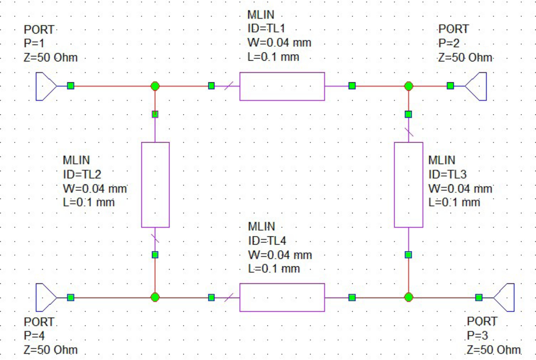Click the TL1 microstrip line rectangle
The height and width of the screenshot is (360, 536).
tap(282, 86)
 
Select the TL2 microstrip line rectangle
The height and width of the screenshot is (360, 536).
tap(155, 185)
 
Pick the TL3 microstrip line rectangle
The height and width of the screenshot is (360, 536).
tap(408, 185)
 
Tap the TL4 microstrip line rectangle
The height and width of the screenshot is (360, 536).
tap(282, 297)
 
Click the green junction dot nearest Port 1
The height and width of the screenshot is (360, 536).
tap(155, 86)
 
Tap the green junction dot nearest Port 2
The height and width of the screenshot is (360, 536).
tap(408, 86)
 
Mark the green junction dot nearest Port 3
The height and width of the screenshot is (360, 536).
tap(408, 297)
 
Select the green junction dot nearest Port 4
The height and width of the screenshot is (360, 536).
tap(155, 297)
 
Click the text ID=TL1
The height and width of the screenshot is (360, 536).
tap(266, 28)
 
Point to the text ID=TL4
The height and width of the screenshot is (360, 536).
tap(267, 241)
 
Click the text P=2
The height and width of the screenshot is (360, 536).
tap(449, 43)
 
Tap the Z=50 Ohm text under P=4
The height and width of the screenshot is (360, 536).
tap(50, 350)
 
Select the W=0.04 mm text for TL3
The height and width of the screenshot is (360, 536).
tap(460, 188)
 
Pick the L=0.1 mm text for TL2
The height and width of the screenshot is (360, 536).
tap(88, 202)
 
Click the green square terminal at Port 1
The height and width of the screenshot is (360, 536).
tap(70, 86)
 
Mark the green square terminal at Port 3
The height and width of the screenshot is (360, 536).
tap(478, 297)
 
